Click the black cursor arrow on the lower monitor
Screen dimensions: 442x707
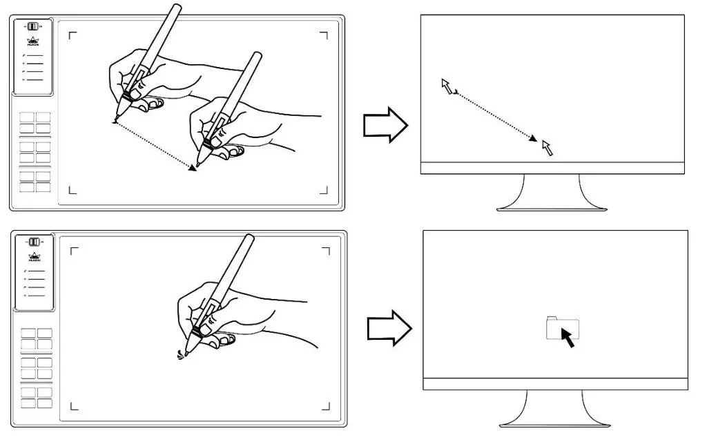[568, 338]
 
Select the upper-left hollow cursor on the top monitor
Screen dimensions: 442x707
[448, 86]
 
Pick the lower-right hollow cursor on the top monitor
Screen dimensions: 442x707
[548, 147]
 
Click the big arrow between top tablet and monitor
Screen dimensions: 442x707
[385, 125]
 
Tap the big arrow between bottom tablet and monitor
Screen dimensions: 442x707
[388, 325]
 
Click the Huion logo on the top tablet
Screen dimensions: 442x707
[33, 41]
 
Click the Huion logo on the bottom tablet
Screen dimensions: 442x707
[34, 256]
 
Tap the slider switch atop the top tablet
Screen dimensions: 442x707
[33, 27]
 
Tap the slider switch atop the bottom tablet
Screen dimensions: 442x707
[34, 242]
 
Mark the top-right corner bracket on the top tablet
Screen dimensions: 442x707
[324, 34]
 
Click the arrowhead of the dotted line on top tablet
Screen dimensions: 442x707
[193, 167]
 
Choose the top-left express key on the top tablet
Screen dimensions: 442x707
[27, 117]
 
